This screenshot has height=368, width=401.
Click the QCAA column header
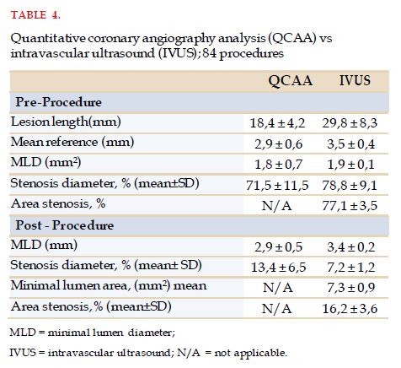[290, 81]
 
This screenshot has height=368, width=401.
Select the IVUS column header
[355, 80]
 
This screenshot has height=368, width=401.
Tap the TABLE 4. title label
[35, 15]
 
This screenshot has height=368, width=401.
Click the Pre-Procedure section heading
[58, 102]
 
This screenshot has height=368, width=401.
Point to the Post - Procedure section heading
[65, 225]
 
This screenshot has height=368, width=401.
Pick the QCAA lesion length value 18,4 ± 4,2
[277, 123]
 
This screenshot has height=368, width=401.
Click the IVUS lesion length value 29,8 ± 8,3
[350, 123]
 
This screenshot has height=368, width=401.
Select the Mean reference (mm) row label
[72, 142]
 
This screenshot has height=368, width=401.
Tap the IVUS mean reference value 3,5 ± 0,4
[350, 144]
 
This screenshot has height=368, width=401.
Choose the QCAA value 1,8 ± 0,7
[278, 165]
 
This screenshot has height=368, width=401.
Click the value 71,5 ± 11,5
[277, 186]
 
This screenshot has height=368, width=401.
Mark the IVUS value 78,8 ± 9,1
[350, 186]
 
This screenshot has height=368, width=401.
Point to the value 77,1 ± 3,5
[350, 206]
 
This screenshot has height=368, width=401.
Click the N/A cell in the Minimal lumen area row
[278, 288]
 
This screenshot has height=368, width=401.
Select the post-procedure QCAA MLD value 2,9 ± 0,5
[278, 247]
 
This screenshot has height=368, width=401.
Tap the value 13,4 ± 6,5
[278, 268]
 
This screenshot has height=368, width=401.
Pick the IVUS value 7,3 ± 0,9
[350, 288]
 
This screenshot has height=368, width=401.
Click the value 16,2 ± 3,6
[350, 309]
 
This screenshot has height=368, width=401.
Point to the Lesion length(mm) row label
[66, 122]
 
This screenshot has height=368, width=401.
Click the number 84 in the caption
[210, 53]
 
